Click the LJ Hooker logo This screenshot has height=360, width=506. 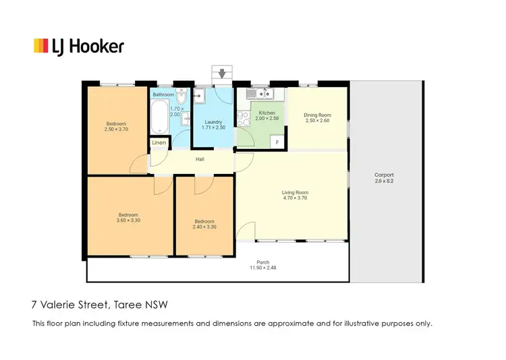click(x=78, y=46)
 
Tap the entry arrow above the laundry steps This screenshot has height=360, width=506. click(x=221, y=73)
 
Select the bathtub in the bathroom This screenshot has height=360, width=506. click(x=160, y=117)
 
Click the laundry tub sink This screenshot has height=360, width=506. click(x=200, y=98)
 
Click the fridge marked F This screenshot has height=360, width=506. click(x=276, y=142)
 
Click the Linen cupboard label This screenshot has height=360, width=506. click(x=159, y=143)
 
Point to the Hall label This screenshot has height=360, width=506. click(x=200, y=159)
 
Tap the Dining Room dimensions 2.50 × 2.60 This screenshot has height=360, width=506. click(x=317, y=121)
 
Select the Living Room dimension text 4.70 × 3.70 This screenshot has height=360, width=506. click(x=294, y=199)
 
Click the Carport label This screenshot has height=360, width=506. click(x=384, y=175)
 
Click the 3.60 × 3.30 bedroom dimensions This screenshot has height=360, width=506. click(x=128, y=220)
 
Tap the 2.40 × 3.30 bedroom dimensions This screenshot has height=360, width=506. click(x=204, y=227)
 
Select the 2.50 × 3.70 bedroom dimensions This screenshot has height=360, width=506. click(x=116, y=129)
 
